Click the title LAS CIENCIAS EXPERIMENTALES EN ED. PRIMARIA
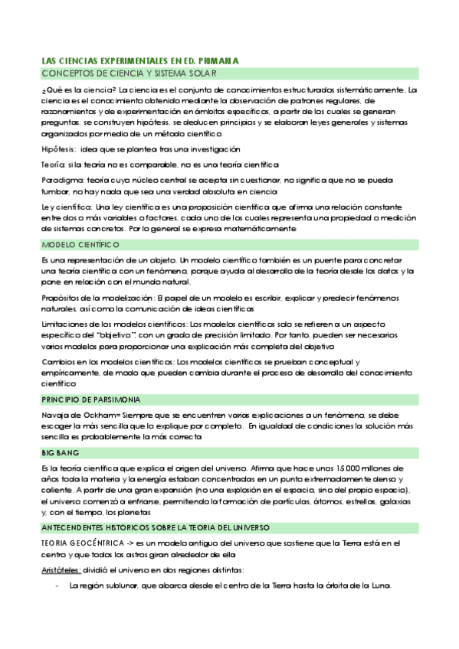(x=139, y=60)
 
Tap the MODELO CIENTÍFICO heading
(x=80, y=245)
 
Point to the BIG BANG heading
(x=58, y=453)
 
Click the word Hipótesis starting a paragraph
(x=58, y=149)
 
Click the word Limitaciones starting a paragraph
(x=64, y=325)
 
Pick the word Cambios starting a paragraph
(x=57, y=361)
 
